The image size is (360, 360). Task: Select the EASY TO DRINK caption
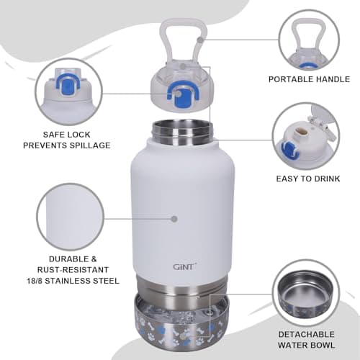click(307, 179)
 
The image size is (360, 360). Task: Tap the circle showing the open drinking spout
click(306, 135)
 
